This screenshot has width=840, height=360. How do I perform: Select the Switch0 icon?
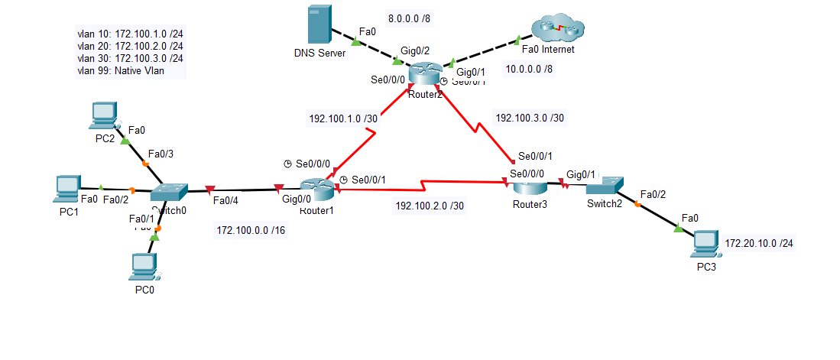[x=169, y=193]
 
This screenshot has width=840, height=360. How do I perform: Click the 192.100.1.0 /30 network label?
[x=342, y=119]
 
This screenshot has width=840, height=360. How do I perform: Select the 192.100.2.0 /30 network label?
[x=429, y=206]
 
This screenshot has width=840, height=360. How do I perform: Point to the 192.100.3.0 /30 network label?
[x=530, y=118]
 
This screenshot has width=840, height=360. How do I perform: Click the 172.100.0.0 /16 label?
[x=251, y=230]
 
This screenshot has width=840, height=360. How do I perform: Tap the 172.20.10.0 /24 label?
[x=759, y=243]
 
